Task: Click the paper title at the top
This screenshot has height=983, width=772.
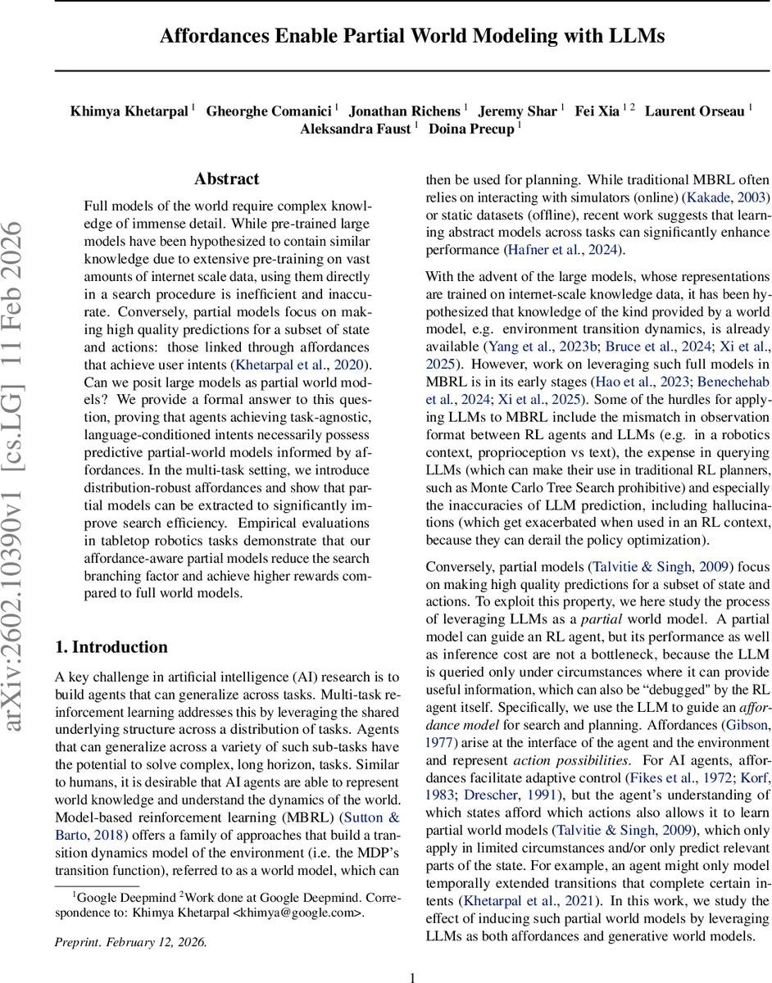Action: (412, 36)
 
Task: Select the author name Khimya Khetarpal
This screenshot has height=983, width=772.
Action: (129, 111)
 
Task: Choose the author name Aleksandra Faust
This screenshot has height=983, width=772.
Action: (354, 129)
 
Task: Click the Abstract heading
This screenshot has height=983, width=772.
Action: (226, 179)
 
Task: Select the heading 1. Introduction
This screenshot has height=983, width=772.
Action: (111, 624)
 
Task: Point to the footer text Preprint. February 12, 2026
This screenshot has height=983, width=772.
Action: (131, 941)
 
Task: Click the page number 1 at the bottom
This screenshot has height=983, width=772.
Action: (412, 976)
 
